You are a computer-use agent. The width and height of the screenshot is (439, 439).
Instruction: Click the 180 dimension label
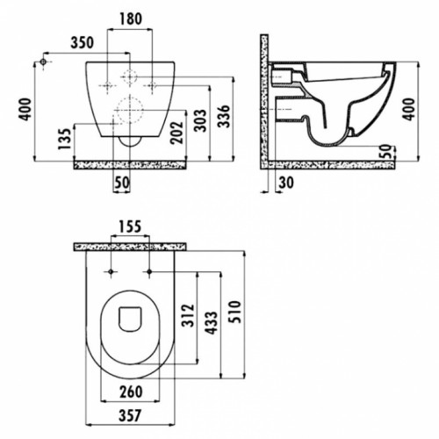click(x=131, y=18)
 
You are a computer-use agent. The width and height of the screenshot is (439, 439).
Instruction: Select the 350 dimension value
click(x=83, y=43)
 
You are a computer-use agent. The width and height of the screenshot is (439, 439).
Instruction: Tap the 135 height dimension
click(x=65, y=139)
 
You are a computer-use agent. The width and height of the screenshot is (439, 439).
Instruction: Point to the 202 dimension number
click(x=176, y=133)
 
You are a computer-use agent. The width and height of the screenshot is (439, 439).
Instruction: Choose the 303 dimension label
click(x=200, y=120)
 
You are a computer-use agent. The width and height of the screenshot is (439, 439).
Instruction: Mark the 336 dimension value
click(x=225, y=116)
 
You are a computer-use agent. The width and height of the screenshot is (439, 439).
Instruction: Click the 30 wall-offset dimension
click(x=286, y=183)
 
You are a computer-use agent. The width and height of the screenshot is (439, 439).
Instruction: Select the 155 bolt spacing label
click(x=130, y=227)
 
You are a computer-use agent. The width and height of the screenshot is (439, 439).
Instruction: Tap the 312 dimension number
click(x=188, y=315)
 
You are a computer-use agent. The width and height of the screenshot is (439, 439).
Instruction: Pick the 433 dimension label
click(x=211, y=323)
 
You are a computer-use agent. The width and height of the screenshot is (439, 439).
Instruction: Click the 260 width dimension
click(x=131, y=392)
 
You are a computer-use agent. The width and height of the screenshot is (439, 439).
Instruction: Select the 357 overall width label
click(x=130, y=415)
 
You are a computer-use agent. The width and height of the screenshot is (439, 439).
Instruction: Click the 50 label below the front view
click(x=121, y=183)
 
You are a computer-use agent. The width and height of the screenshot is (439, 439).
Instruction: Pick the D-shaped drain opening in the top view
click(x=130, y=320)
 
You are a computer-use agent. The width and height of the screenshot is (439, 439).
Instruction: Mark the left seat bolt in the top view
click(x=111, y=272)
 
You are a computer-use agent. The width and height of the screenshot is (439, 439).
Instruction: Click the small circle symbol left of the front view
click(x=43, y=61)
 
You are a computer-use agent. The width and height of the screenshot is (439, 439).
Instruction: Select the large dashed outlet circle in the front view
click(x=130, y=110)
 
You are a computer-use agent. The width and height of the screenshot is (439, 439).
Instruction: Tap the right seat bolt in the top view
click(x=149, y=272)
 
